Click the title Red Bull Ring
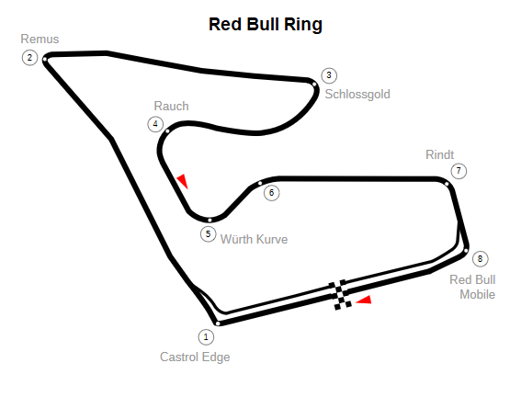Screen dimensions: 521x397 (x=266, y=25)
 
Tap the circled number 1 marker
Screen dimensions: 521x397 (x=206, y=337)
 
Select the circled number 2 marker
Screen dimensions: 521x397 (x=30, y=58)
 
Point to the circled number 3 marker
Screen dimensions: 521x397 (x=329, y=75)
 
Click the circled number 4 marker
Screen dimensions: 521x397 (x=155, y=124)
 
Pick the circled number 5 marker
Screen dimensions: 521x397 (x=208, y=234)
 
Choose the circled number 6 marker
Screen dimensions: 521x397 (x=271, y=193)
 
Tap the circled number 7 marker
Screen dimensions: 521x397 (x=459, y=171)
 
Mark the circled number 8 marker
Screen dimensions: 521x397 (x=480, y=259)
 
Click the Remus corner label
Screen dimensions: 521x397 (x=40, y=40)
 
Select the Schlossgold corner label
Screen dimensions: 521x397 (x=357, y=95)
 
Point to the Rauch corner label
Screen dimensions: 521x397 (x=172, y=107)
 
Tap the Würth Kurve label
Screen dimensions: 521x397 (x=255, y=239)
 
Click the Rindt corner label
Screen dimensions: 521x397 (x=439, y=154)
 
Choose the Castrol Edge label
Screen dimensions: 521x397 (x=195, y=357)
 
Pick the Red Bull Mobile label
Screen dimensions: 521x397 (x=472, y=287)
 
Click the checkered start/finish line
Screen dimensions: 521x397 (x=341, y=295)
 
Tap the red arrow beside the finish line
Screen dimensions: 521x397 (x=364, y=300)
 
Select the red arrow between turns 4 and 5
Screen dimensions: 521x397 (x=183, y=181)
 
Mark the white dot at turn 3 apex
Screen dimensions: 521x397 (x=314, y=85)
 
